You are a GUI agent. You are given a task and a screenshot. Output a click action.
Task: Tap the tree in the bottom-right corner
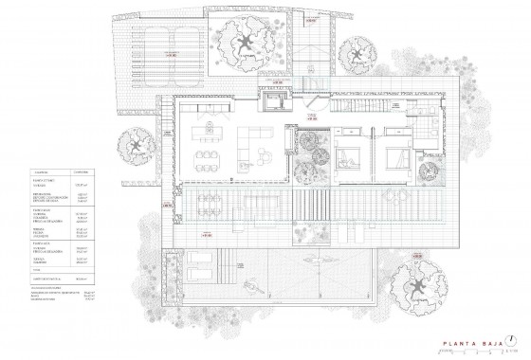pyautogui.click(x=422, y=282)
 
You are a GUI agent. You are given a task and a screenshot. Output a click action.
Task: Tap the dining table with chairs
pyautogui.click(x=208, y=154)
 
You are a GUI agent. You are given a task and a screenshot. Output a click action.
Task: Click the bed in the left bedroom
pyautogui.click(x=344, y=148)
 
